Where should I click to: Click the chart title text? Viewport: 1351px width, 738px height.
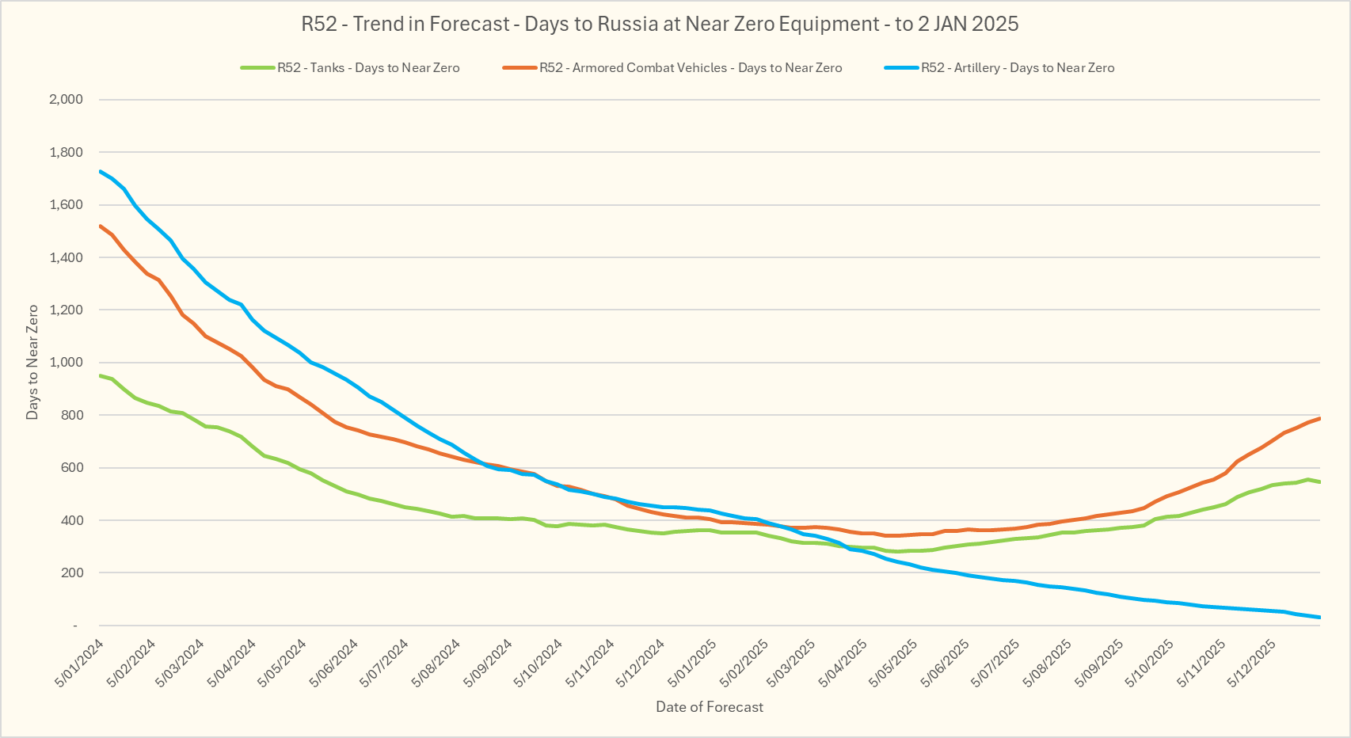[x=660, y=24]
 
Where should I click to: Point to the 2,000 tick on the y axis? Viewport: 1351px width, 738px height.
[x=66, y=100]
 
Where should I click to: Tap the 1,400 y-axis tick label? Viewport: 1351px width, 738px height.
[x=66, y=257]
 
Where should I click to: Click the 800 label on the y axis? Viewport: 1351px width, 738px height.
[x=71, y=415]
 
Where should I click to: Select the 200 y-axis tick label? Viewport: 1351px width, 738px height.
[x=71, y=573]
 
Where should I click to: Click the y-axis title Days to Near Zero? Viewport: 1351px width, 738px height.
[x=32, y=362]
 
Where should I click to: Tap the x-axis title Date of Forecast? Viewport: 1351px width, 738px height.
[x=710, y=707]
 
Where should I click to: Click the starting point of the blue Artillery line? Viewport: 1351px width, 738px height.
[x=101, y=171]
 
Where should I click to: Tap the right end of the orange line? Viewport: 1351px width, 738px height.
[x=1319, y=418]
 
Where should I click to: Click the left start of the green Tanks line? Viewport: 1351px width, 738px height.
[x=101, y=375]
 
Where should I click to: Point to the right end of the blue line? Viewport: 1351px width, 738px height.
[x=1319, y=617]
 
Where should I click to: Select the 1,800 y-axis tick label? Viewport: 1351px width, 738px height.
[x=66, y=152]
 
